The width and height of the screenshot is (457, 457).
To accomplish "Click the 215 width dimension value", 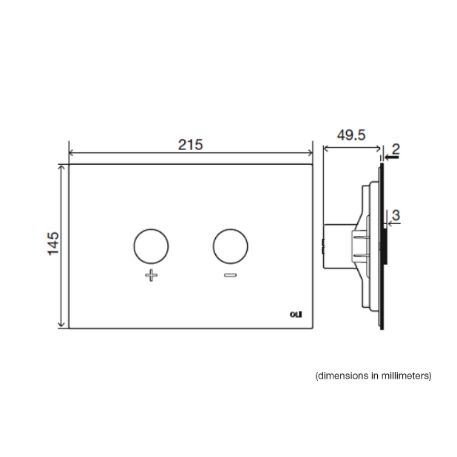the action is click(190, 145).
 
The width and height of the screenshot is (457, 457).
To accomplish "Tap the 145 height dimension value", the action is click(53, 244).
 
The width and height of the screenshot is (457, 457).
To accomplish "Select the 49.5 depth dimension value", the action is click(351, 135).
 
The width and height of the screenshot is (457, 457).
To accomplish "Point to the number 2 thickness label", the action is click(396, 149).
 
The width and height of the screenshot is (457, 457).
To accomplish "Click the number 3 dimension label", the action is click(396, 215).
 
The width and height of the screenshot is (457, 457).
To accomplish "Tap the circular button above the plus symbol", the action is click(151, 246).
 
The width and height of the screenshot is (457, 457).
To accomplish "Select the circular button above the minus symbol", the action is click(230, 246).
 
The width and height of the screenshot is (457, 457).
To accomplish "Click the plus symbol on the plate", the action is click(152, 275).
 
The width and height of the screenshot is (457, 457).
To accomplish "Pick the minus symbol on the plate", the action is click(230, 275).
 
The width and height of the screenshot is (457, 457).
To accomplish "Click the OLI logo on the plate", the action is click(296, 314).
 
